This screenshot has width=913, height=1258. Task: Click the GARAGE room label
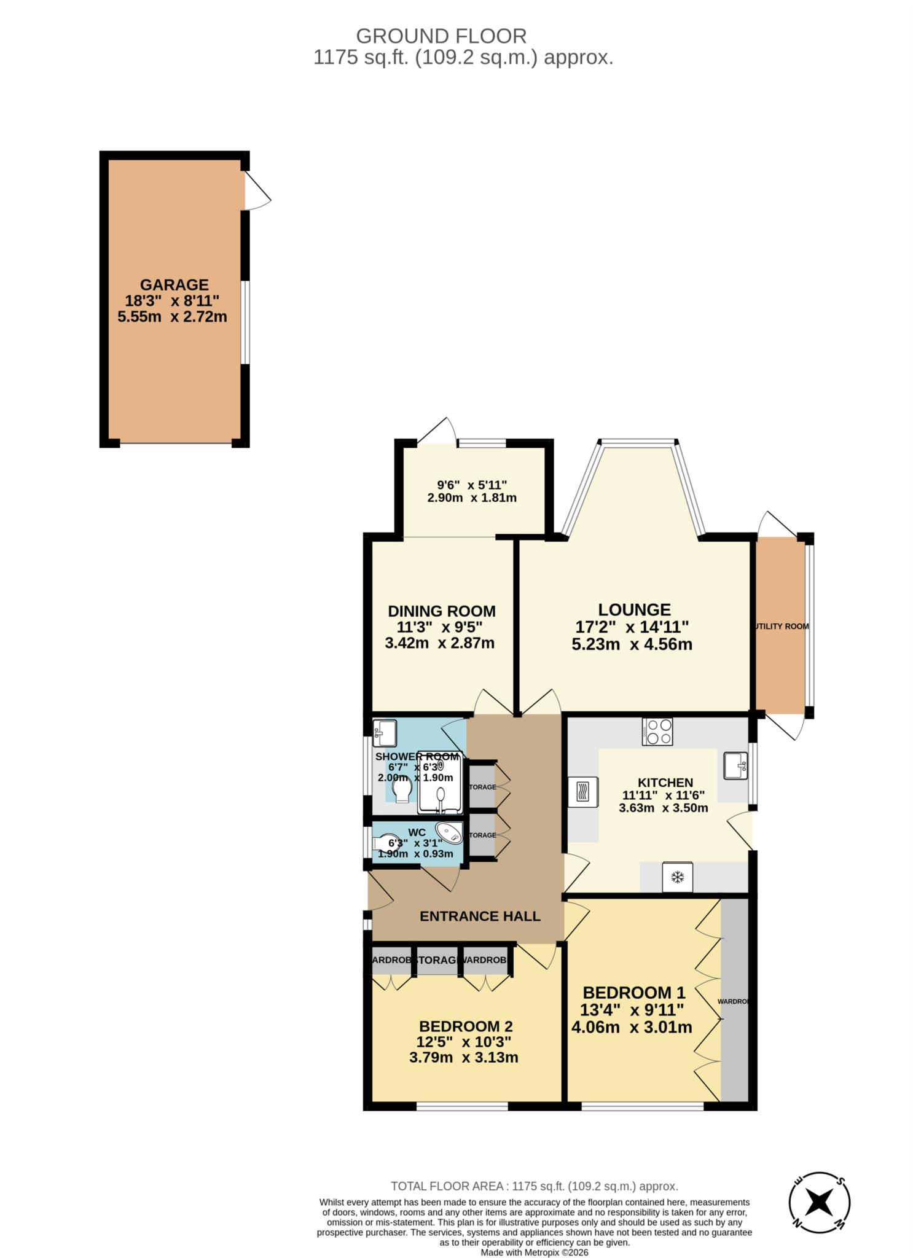[174, 285]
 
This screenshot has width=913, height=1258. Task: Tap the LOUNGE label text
[634, 610]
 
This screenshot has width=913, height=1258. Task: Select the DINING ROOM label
[441, 611]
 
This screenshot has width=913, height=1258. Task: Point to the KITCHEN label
[665, 783]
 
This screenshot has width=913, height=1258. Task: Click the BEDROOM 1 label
[633, 993]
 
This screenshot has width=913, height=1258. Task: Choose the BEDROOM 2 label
[466, 1026]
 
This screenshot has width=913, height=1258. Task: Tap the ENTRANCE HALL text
[480, 916]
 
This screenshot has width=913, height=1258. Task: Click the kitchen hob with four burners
[657, 732]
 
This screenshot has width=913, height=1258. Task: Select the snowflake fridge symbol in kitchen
[677, 877]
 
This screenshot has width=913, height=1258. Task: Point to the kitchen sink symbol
[735, 765]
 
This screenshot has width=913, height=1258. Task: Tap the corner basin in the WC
[450, 832]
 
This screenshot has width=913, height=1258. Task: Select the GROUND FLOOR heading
[441, 36]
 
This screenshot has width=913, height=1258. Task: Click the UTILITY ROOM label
[781, 627]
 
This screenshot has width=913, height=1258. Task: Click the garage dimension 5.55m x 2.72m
[172, 317]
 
